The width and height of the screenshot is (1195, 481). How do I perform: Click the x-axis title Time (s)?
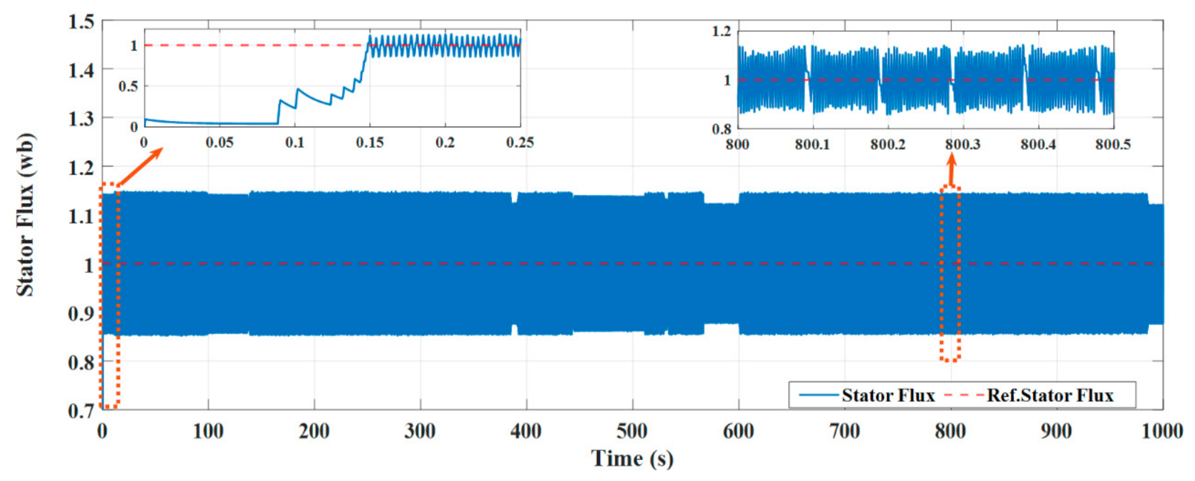[632, 459]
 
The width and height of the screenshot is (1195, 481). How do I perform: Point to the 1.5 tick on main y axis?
[81, 22]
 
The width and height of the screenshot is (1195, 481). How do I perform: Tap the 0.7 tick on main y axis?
[81, 410]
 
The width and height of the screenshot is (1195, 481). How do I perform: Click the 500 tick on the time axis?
[632, 431]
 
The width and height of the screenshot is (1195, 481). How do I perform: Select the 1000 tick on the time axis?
[1161, 431]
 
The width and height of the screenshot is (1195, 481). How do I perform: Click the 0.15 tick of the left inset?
[369, 143]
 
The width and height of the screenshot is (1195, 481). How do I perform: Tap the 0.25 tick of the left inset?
[519, 143]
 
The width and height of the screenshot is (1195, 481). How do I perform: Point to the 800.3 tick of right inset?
[962, 145]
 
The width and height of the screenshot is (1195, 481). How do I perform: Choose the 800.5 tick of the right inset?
[1112, 145]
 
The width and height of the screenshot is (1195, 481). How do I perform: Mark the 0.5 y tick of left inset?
[128, 87]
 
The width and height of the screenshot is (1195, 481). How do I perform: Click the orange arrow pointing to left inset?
[142, 166]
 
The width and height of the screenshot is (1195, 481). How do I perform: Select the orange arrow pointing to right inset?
[951, 170]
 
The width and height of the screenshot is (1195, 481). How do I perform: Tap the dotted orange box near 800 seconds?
[950, 272]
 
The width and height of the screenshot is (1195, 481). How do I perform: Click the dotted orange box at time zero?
[110, 296]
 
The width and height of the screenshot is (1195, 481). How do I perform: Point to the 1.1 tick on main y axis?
[81, 217]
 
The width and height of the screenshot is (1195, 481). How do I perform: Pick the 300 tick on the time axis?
[420, 431]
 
